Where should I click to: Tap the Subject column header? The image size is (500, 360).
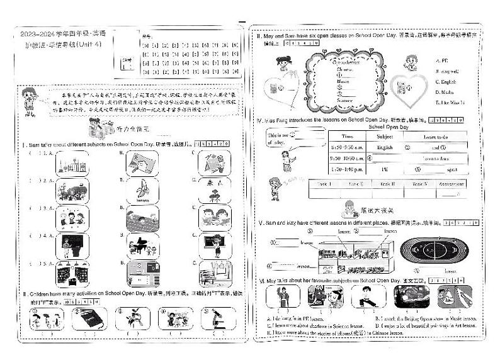[x=385, y=136]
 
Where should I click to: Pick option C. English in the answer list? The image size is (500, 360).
[x=448, y=82]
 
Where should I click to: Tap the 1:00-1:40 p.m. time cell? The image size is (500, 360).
[x=347, y=169]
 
